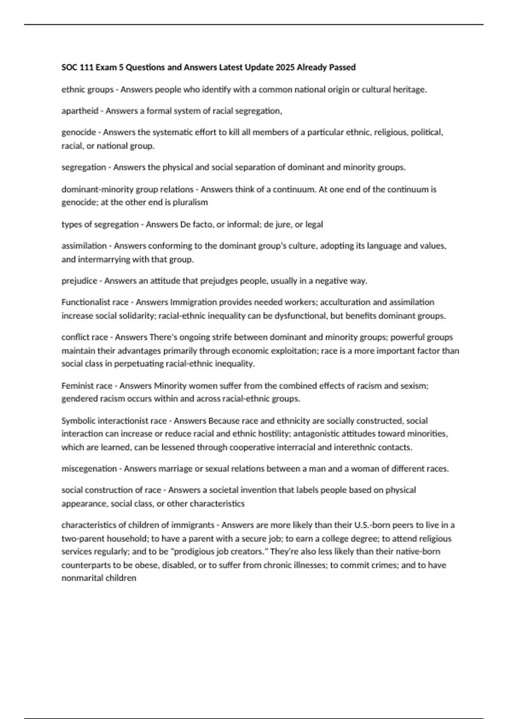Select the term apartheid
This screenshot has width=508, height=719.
tap(80, 111)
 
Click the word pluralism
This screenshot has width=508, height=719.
tap(190, 202)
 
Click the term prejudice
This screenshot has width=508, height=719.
tap(79, 281)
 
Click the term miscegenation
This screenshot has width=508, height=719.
tap(89, 469)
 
